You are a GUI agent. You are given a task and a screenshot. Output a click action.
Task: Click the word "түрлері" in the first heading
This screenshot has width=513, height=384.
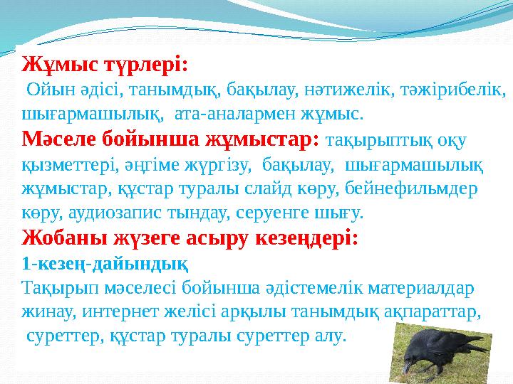145,66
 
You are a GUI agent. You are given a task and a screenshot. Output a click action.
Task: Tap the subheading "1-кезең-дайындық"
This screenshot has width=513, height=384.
105,263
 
